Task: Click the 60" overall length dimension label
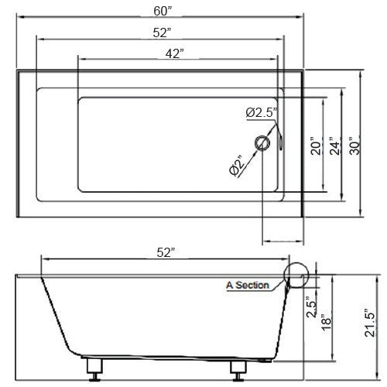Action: pos(162,10)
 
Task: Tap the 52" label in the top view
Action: pos(162,32)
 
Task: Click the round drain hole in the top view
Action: pos(263,142)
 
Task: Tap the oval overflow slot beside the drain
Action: pos(279,142)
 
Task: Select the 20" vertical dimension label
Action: pos(315,146)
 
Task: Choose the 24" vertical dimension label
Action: pos(334,146)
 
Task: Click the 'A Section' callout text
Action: pos(248,285)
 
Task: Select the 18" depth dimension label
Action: pos(326,320)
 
